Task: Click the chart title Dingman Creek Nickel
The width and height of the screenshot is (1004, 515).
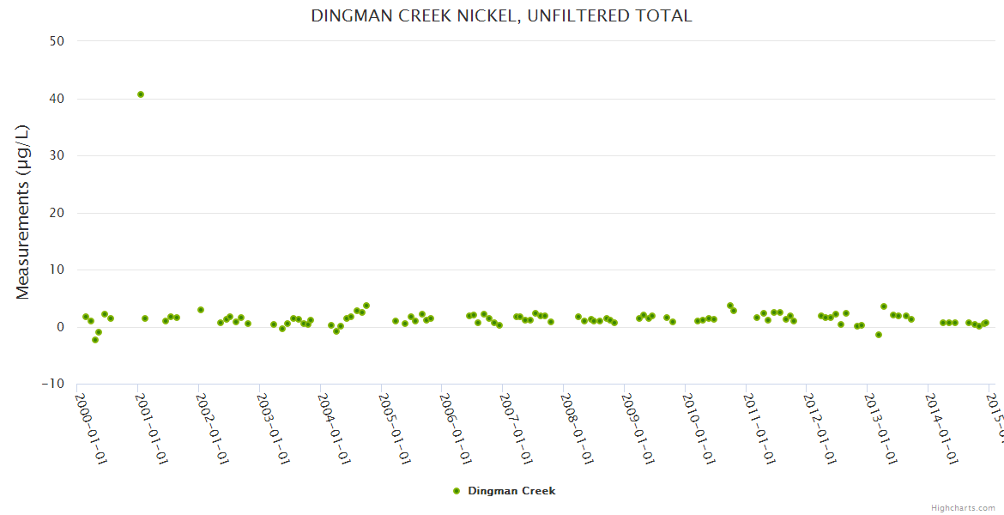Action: point(501,16)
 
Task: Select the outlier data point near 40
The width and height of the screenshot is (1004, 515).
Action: point(141,94)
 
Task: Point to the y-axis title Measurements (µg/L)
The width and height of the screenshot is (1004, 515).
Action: point(23,212)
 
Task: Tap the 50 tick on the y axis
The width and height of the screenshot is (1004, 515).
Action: point(60,41)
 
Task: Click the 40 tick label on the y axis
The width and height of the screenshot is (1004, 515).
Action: point(60,99)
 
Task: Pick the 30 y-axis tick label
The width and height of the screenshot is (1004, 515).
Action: point(60,155)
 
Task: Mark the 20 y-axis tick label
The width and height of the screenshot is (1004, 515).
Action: point(60,213)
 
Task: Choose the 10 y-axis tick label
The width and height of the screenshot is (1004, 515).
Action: point(60,270)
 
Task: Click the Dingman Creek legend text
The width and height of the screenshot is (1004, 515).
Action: point(511,491)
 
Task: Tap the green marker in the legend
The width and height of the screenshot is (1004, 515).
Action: point(457,491)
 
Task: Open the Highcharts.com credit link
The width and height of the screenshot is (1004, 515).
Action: point(963,508)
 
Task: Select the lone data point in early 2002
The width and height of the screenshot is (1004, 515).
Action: point(201,310)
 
